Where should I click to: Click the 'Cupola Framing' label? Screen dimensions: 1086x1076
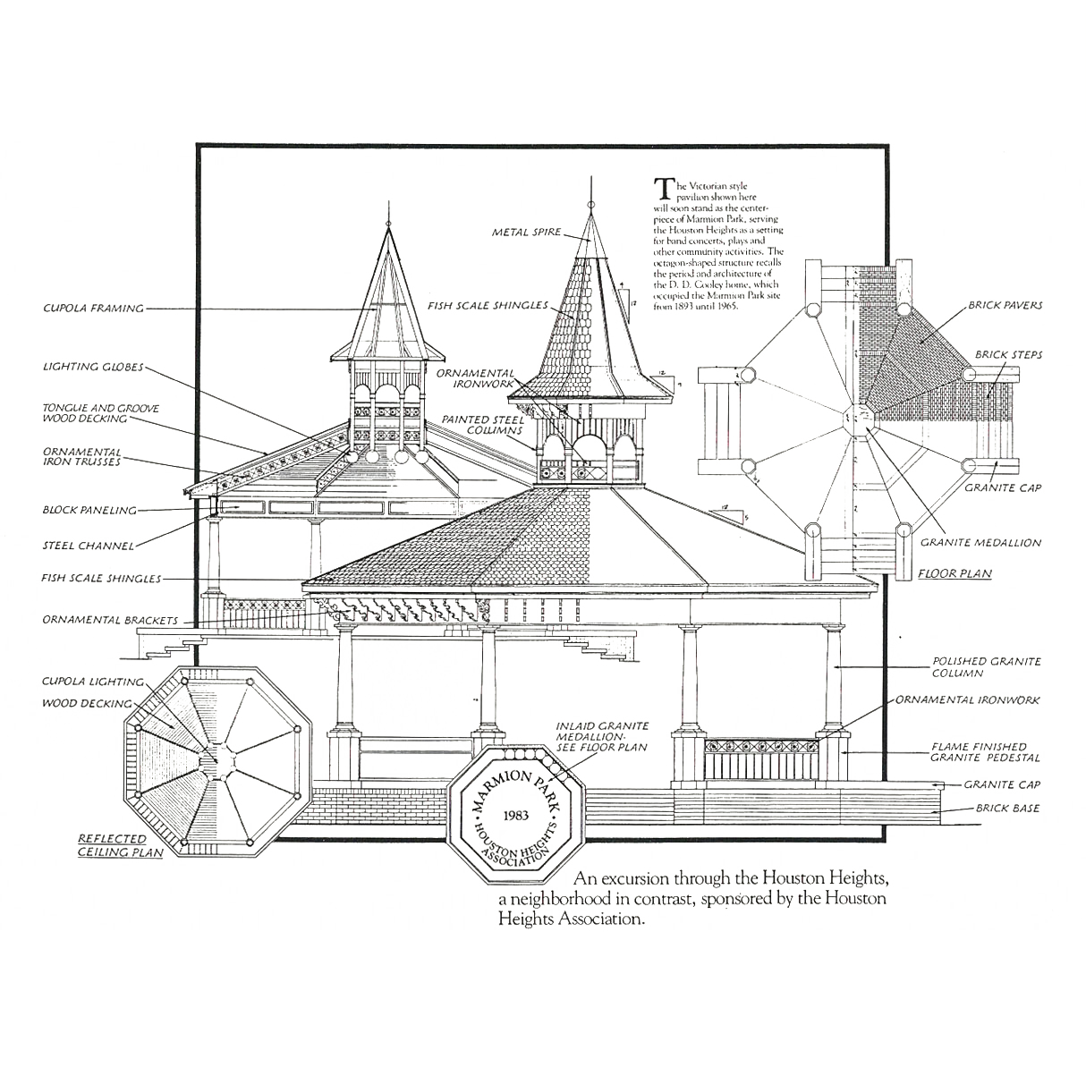[x=93, y=309]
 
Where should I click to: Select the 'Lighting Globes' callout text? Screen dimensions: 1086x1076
[x=93, y=368]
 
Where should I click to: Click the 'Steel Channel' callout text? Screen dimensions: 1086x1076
[x=88, y=545]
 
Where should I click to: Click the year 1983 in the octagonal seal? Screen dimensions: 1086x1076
[x=516, y=817]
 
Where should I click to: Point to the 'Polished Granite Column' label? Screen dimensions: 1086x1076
[x=985, y=662]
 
